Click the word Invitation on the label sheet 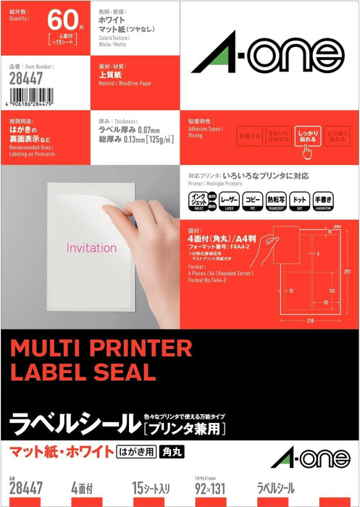click(x=91, y=247)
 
